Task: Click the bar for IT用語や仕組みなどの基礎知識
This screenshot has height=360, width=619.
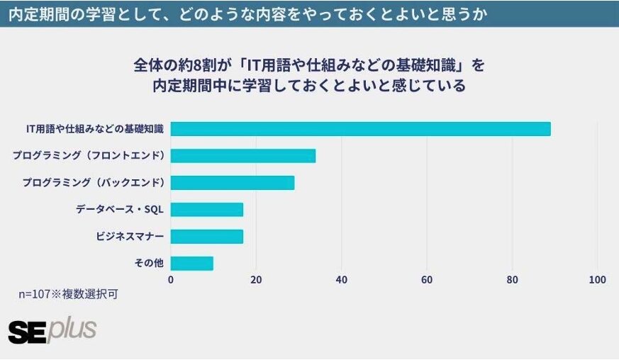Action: (360, 129)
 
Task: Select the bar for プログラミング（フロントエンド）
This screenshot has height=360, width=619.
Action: (243, 156)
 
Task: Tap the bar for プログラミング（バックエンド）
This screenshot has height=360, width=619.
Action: (233, 183)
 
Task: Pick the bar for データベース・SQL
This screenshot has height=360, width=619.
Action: (207, 210)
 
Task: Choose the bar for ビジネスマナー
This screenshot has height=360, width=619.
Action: (207, 237)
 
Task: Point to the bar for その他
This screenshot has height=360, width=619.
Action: (192, 264)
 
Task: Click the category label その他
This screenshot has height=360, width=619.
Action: (149, 264)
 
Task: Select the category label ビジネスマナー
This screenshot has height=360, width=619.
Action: (130, 237)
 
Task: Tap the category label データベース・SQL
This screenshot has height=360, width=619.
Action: (120, 210)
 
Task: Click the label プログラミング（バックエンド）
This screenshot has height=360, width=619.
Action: (93, 183)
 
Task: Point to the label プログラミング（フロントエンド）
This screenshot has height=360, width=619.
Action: (89, 156)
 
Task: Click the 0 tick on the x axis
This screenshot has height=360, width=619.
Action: (171, 280)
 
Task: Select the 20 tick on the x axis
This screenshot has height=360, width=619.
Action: (256, 280)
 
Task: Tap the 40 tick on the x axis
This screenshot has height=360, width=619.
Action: (342, 280)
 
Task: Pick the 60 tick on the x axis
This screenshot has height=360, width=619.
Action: (427, 280)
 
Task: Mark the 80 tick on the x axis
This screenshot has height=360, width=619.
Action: (512, 280)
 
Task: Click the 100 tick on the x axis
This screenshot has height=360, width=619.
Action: (597, 280)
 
